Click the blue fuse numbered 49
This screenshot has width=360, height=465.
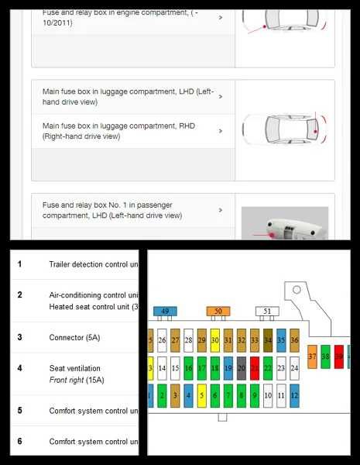click(165, 312)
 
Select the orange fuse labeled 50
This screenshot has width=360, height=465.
click(218, 312)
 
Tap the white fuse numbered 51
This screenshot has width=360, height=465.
click(267, 312)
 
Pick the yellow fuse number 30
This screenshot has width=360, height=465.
click(214, 339)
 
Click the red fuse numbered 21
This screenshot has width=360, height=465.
click(255, 368)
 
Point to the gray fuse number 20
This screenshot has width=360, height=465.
click(242, 368)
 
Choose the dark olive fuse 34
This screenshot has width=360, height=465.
click(268, 339)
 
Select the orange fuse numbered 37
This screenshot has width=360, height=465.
click(312, 356)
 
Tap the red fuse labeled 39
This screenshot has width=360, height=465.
click(339, 356)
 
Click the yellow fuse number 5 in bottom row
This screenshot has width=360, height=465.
click(201, 397)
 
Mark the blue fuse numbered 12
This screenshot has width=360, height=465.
click(294, 397)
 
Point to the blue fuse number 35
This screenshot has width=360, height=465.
click(281, 339)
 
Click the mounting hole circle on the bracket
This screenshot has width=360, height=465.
click(295, 292)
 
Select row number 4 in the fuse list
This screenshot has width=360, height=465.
click(20, 368)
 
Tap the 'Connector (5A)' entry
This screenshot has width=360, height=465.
click(74, 338)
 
